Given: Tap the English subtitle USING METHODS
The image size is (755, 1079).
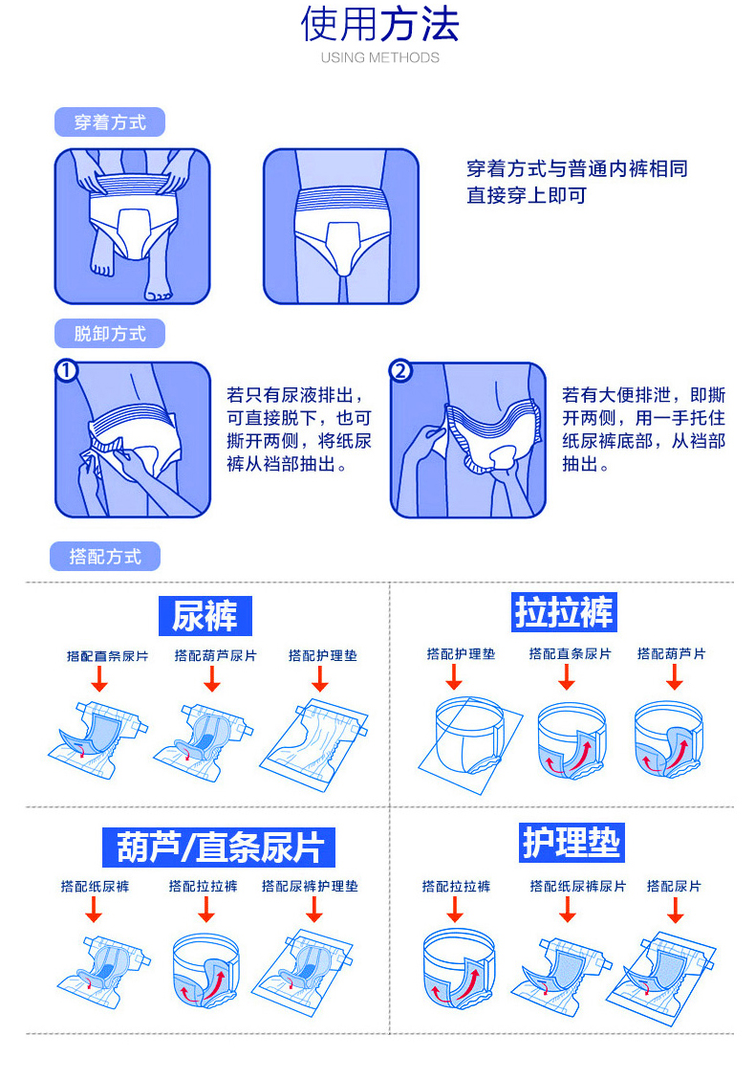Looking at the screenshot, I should pyautogui.click(x=379, y=57).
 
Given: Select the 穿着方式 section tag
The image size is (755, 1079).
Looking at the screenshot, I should pyautogui.click(x=110, y=122).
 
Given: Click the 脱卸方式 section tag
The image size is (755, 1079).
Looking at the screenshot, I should pyautogui.click(x=110, y=334).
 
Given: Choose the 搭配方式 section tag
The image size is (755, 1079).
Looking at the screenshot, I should pyautogui.click(x=105, y=556).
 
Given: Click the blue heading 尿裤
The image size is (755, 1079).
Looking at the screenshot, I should pyautogui.click(x=205, y=615).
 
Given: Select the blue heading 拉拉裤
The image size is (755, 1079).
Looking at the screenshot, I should pyautogui.click(x=564, y=612).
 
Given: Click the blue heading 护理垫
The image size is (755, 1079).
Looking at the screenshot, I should pyautogui.click(x=572, y=842).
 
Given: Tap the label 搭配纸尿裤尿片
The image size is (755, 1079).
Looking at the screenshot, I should pyautogui.click(x=578, y=887).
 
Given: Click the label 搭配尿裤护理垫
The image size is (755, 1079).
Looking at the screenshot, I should pyautogui.click(x=310, y=887).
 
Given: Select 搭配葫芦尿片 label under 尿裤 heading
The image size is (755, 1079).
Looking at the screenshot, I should pyautogui.click(x=215, y=655).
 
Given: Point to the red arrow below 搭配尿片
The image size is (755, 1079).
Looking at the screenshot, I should pyautogui.click(x=675, y=911).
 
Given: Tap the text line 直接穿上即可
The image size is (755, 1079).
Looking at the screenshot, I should pyautogui.click(x=526, y=196).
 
